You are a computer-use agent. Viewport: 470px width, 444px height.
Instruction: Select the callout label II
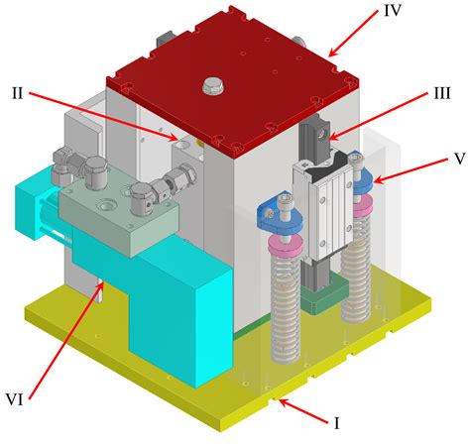pyautogui.click(x=18, y=92)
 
